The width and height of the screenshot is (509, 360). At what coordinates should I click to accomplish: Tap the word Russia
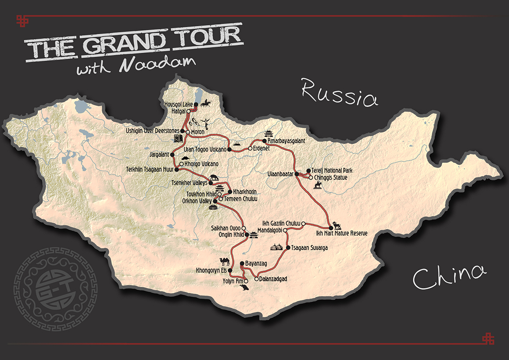(340, 93)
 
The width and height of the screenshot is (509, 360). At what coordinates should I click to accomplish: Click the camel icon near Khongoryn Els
(225, 262)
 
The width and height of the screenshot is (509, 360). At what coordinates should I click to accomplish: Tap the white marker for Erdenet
(250, 148)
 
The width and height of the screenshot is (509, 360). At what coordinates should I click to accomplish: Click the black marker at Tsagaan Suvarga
(288, 248)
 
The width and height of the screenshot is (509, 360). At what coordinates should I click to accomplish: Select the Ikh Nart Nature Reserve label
(348, 233)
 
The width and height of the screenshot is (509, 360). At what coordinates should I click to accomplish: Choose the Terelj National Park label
(332, 170)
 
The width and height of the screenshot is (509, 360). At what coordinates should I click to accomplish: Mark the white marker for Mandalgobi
(285, 230)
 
